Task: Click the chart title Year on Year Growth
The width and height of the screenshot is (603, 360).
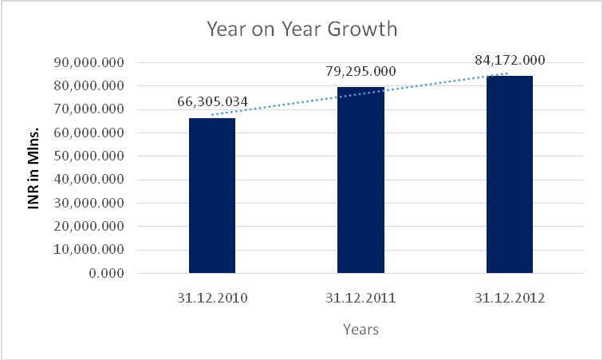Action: [x=301, y=30]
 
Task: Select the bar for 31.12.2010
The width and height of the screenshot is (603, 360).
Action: [x=212, y=196]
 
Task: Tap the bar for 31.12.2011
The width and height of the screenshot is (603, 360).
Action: [x=361, y=180]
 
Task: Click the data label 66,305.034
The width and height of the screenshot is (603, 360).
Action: [x=212, y=102]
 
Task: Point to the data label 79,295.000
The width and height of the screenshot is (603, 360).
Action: [x=361, y=71]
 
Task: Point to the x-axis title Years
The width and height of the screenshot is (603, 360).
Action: [x=361, y=329]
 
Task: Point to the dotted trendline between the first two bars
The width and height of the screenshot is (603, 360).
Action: [x=287, y=103]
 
